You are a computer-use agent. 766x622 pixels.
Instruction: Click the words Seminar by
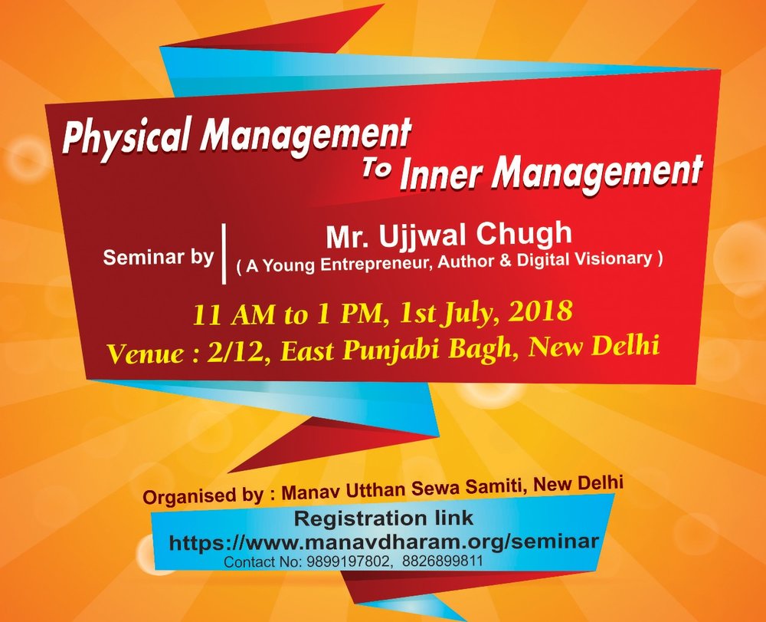[x=159, y=257]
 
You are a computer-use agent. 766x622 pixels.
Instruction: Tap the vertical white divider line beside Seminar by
[x=224, y=254]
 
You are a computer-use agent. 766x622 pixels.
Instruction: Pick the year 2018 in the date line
[x=540, y=311]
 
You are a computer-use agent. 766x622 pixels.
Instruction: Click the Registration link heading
[x=384, y=518]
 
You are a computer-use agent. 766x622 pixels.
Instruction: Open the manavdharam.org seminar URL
[x=384, y=541]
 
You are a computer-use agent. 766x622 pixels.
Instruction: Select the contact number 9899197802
[x=350, y=561]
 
